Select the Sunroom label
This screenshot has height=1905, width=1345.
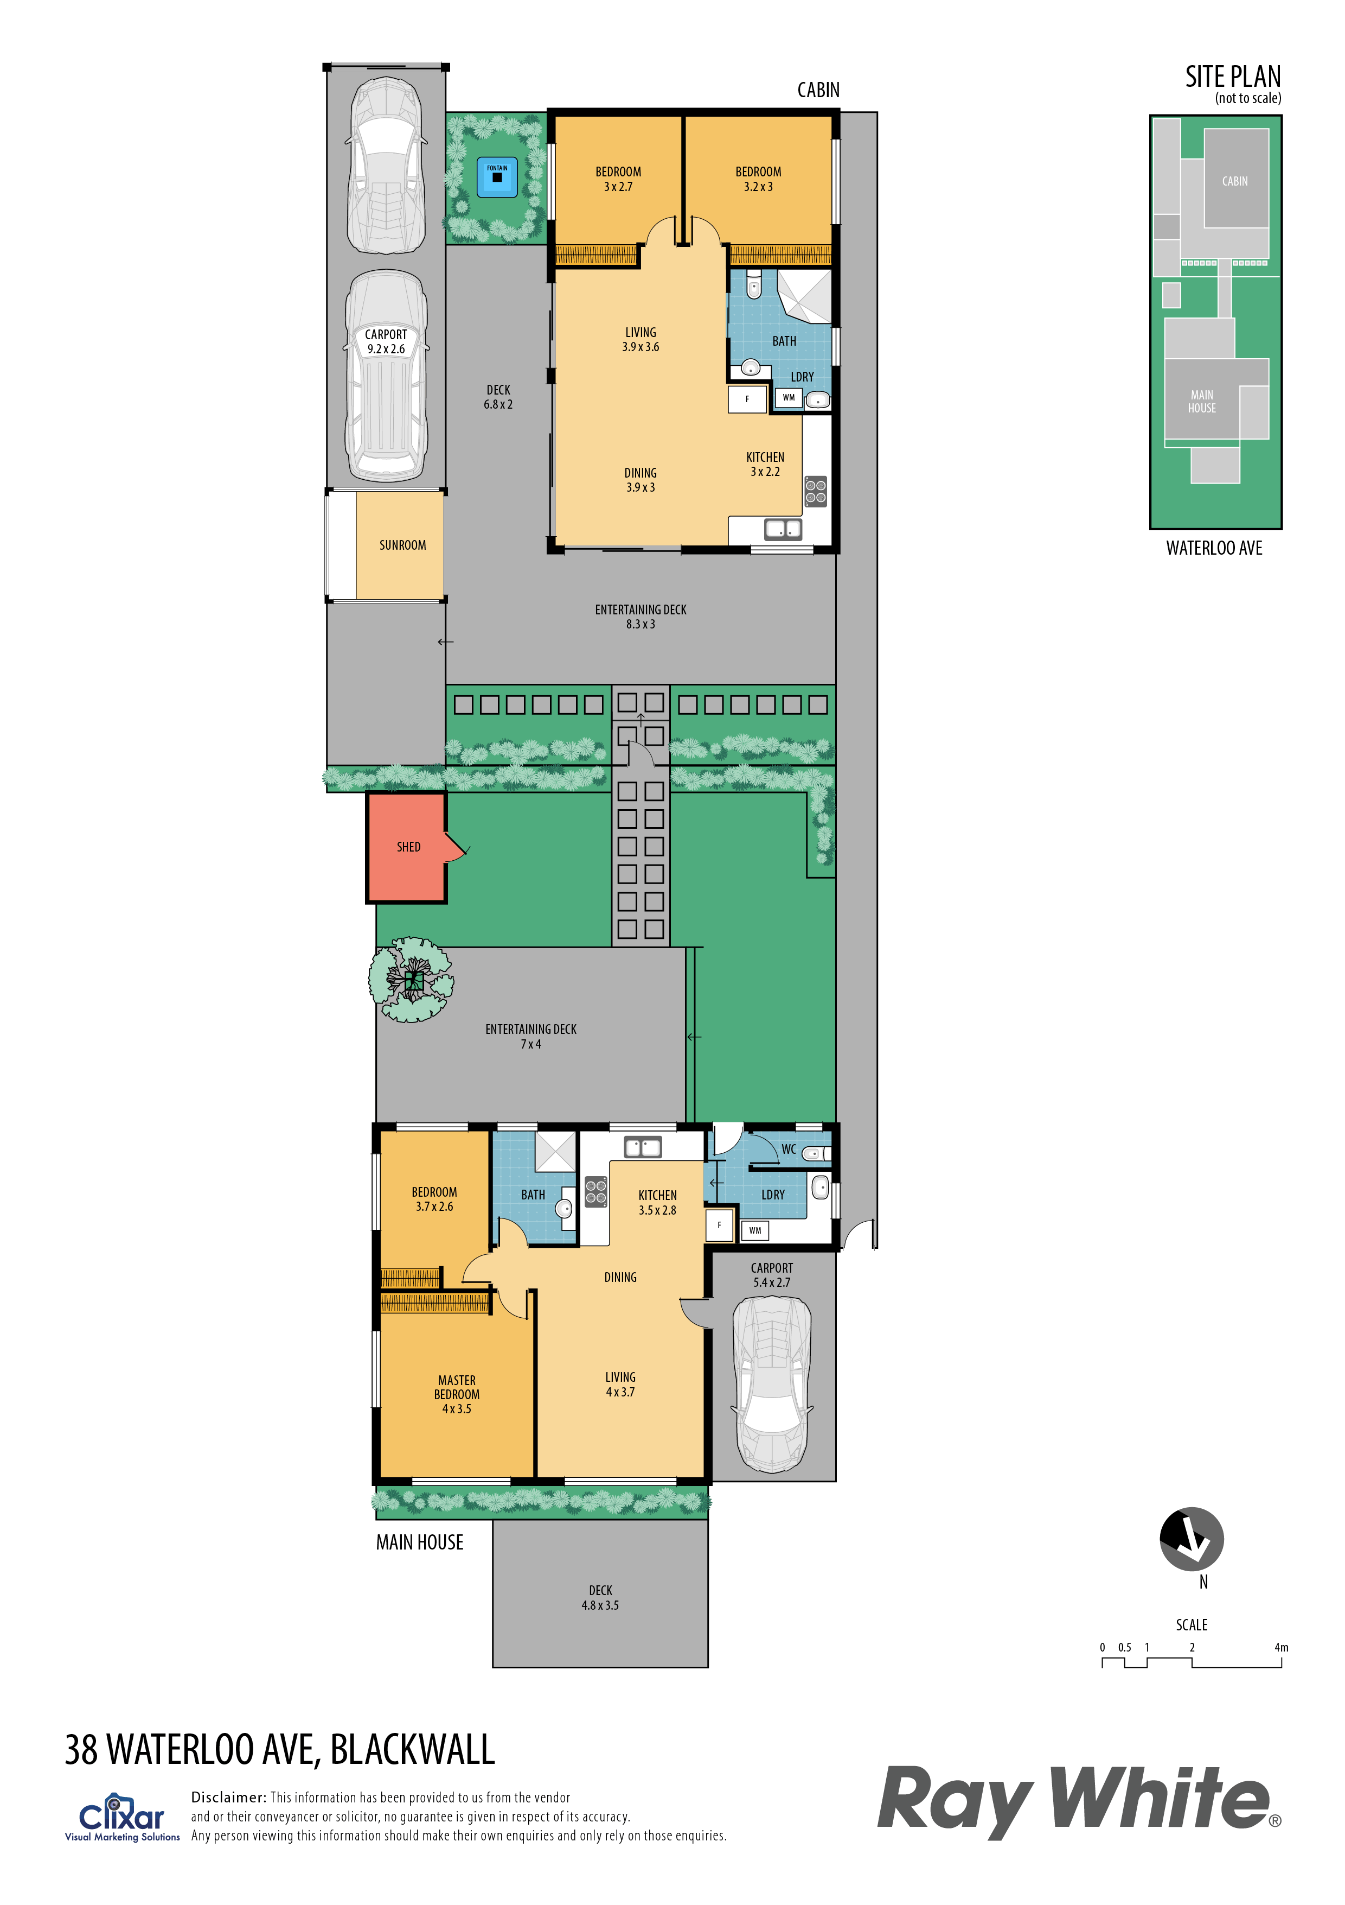point(403,545)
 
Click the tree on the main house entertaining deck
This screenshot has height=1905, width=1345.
point(411,980)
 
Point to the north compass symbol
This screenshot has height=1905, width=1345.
point(1192,1539)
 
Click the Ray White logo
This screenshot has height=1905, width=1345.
point(1079,1800)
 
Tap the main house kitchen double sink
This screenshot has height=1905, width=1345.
point(643,1147)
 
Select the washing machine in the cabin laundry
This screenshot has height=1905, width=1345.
point(789,397)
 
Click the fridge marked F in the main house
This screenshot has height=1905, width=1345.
point(719,1224)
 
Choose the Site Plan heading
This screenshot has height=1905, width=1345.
point(1233,77)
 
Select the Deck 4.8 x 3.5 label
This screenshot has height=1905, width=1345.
point(600,1598)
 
